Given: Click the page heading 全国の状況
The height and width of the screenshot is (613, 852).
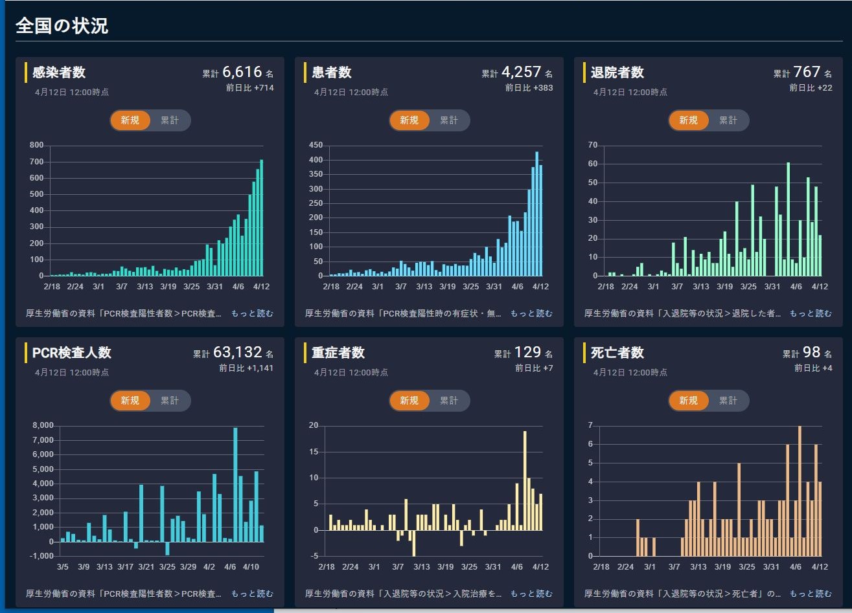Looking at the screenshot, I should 62,26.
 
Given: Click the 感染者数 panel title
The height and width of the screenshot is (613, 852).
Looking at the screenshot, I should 59,72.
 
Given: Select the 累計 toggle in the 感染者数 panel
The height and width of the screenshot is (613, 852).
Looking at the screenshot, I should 170,120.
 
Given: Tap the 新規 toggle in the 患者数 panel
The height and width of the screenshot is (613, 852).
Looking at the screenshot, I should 409,120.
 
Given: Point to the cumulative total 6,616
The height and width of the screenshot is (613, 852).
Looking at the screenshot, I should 242,72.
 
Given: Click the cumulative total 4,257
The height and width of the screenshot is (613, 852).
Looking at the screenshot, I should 521,72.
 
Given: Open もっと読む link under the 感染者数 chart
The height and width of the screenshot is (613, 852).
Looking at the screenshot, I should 252,313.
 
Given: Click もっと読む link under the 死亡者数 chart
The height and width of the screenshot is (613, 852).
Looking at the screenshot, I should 811,594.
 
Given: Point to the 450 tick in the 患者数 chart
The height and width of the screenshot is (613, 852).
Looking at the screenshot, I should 315,146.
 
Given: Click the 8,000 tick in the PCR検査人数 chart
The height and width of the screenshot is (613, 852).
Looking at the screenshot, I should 42,426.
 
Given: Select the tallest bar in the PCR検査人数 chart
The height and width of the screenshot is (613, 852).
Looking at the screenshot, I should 235,484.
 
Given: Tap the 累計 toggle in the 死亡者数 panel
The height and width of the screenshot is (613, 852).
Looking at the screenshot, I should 728,401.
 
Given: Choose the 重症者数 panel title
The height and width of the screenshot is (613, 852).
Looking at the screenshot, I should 338,353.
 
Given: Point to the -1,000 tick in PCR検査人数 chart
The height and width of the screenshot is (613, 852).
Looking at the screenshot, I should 42,557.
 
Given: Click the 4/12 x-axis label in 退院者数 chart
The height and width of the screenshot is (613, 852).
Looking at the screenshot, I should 820,286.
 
